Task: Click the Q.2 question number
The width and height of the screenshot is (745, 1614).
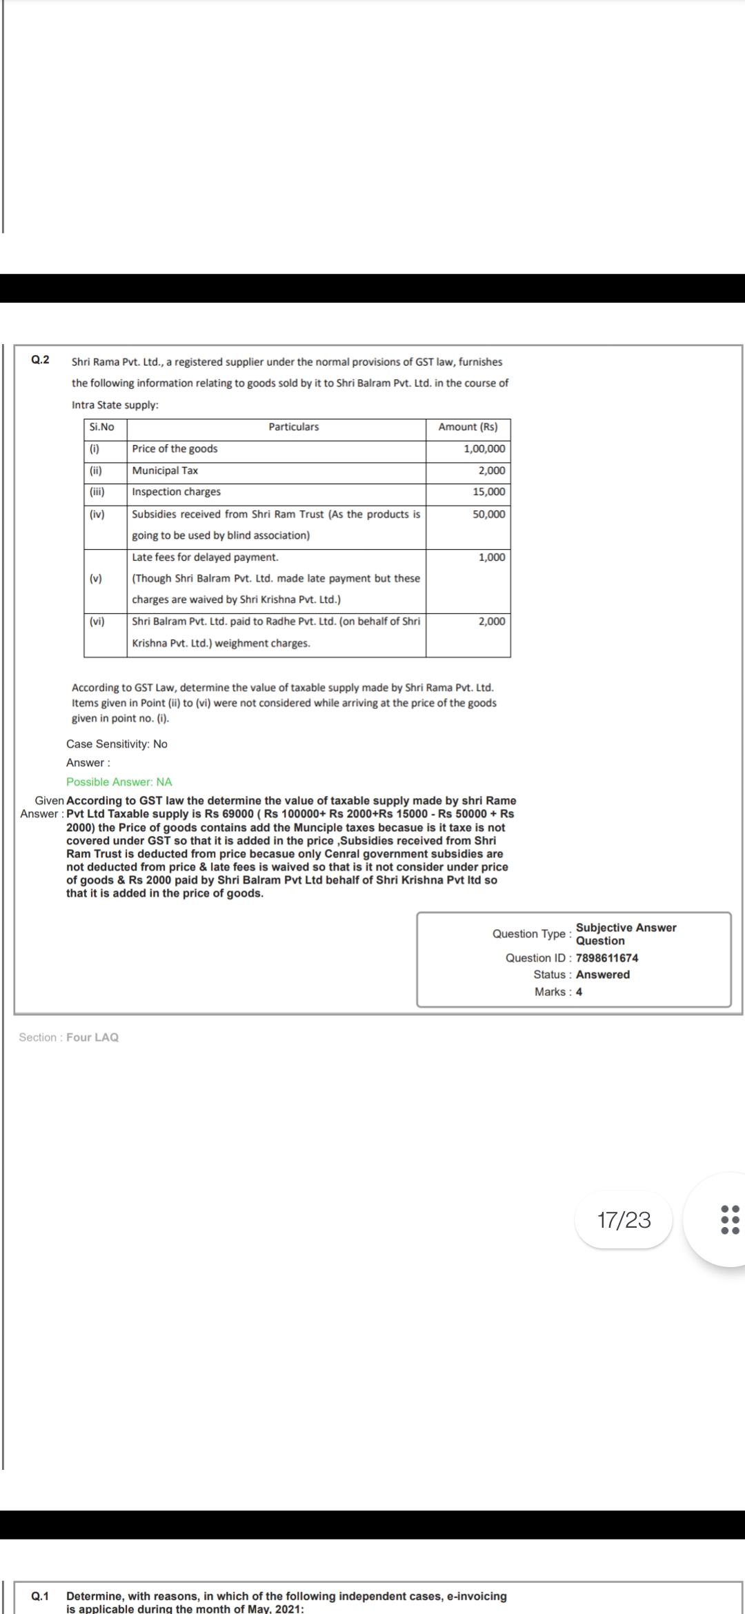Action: (x=41, y=359)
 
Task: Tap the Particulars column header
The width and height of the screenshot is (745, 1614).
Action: (x=294, y=427)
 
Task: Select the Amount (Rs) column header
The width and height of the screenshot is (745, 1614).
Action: (x=468, y=427)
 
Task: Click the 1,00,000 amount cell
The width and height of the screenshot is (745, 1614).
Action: (x=484, y=449)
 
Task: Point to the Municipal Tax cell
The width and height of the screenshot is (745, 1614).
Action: (x=165, y=470)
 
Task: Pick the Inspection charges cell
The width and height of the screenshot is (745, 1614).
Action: (x=177, y=492)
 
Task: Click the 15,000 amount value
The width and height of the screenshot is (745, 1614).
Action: (x=488, y=492)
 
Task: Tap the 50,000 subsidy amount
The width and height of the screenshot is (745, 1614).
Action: (x=488, y=514)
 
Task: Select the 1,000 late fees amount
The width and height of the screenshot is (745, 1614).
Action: (x=491, y=557)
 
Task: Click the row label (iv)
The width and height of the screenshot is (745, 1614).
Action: (x=97, y=514)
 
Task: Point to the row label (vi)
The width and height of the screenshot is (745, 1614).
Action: (x=97, y=621)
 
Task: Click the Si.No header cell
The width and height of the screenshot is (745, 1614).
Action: (x=102, y=427)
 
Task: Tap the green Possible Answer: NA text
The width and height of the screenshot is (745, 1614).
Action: (x=119, y=781)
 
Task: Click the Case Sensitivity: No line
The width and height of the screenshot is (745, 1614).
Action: (x=117, y=744)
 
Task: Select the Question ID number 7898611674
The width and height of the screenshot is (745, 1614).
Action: (x=607, y=958)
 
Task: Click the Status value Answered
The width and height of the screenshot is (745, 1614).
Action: (x=603, y=975)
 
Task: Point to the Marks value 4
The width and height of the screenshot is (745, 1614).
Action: (x=579, y=992)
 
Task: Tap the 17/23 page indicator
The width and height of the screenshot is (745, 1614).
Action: (x=624, y=1219)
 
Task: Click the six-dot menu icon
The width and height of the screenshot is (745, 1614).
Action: (x=730, y=1219)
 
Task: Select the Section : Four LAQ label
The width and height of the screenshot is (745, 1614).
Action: (x=69, y=1037)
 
